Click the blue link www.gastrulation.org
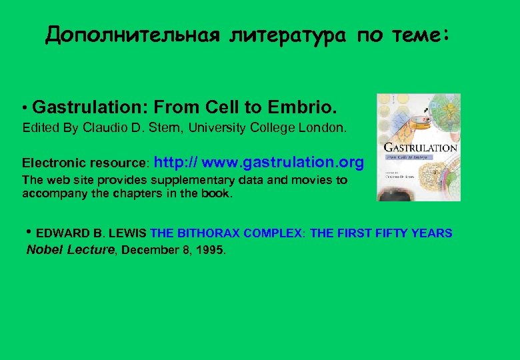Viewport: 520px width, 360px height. [x=283, y=162]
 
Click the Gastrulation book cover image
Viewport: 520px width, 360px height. [x=418, y=147]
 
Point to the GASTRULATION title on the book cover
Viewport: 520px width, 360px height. [x=419, y=147]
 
